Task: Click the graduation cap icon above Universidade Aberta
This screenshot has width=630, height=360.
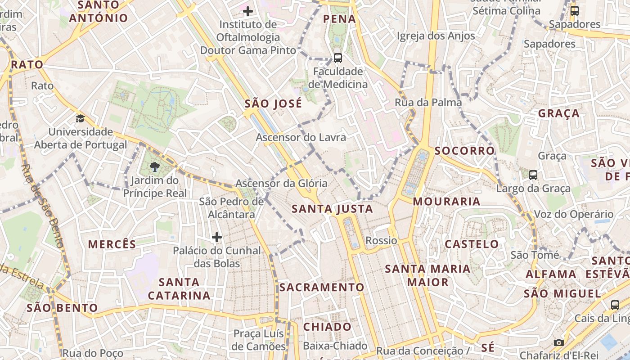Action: point(80,118)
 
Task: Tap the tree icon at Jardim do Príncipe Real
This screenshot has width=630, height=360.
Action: point(155,167)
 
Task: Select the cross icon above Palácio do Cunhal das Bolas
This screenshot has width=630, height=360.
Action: point(217,237)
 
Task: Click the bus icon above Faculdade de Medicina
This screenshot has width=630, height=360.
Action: point(337,58)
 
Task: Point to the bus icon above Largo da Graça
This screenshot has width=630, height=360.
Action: point(533,175)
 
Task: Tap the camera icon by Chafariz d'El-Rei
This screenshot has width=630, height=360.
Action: point(558,342)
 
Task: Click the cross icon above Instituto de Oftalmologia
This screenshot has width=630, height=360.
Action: point(247,11)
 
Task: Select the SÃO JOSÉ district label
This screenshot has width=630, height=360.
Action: point(273,103)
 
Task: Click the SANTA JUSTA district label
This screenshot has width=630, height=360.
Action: point(332,209)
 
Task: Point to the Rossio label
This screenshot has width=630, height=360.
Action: point(381,241)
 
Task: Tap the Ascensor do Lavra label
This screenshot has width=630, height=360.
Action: point(301,137)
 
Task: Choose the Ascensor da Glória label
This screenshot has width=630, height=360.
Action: point(281,184)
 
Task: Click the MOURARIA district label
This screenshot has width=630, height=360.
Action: point(446,201)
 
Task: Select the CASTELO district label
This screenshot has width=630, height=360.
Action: point(472,244)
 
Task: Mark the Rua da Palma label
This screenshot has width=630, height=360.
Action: point(428,102)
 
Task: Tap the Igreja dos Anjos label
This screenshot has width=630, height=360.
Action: point(436,36)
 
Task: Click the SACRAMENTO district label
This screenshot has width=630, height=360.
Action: point(322,287)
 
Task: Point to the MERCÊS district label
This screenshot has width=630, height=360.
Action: point(112,244)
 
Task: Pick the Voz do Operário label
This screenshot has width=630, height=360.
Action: point(573,214)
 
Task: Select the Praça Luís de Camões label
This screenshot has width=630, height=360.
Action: point(259,340)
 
